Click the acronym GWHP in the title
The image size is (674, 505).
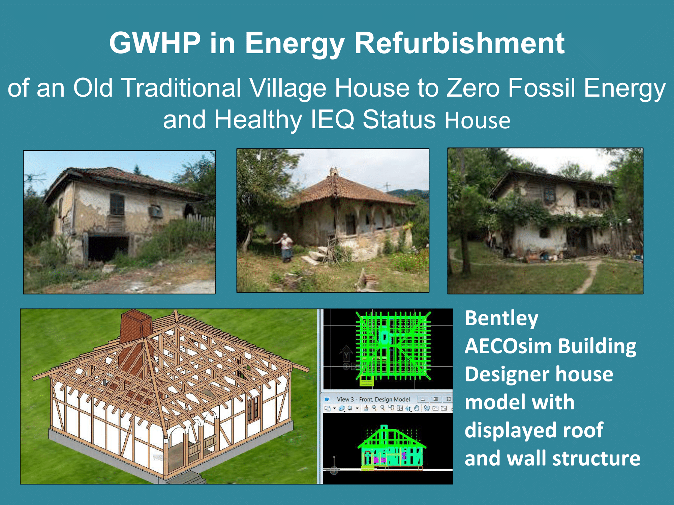155,43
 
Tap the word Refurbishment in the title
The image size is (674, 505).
460,43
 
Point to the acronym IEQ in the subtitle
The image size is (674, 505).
333,119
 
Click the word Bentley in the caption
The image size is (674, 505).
501,318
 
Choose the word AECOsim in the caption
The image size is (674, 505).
509,346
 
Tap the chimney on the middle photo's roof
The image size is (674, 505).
334,172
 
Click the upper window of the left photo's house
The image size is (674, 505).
117,204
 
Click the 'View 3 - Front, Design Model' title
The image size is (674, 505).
373,399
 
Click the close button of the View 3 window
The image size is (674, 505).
448,399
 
